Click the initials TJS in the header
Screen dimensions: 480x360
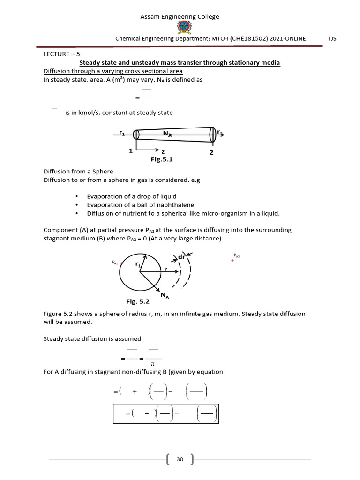tap(332, 39)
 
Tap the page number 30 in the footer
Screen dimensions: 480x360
tap(180, 459)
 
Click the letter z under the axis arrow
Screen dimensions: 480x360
tap(163, 152)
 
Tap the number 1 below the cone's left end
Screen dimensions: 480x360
tap(131, 151)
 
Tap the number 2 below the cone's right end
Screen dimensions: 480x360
tap(211, 152)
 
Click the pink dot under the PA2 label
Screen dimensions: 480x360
tap(232, 260)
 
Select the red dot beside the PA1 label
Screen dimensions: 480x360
tap(122, 263)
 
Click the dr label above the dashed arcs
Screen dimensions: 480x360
tap(181, 257)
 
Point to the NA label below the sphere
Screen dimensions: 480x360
tap(165, 295)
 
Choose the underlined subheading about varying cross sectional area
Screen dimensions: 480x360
tap(113, 71)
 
